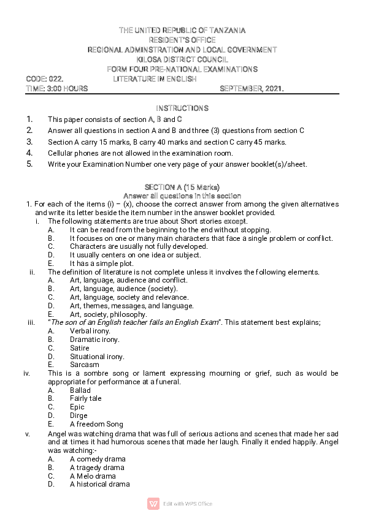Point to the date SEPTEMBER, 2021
click(252, 89)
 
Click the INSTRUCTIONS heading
click(182, 108)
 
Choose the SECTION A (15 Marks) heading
click(182, 187)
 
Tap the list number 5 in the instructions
click(29, 164)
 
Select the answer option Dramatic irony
click(94, 340)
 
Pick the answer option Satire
click(80, 348)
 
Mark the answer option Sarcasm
click(84, 365)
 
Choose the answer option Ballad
click(80, 390)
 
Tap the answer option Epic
click(77, 407)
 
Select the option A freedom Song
click(96, 424)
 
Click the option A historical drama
click(99, 484)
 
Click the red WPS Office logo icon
click(153, 504)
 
